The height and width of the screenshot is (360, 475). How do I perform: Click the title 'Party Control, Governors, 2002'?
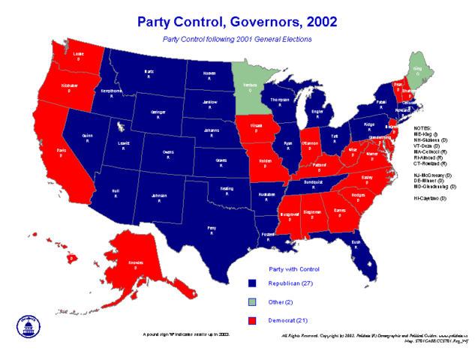237,20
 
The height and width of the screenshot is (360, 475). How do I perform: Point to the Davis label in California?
61,152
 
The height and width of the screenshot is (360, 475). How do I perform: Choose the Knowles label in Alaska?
137,265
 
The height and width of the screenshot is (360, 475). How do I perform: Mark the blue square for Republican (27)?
253,283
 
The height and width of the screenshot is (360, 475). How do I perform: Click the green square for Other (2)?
253,302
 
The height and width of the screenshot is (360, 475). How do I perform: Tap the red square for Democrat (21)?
253,321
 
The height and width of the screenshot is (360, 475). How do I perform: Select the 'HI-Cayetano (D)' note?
430,198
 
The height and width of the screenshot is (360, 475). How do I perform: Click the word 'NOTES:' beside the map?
422,128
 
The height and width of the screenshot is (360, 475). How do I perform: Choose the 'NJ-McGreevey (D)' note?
432,175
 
